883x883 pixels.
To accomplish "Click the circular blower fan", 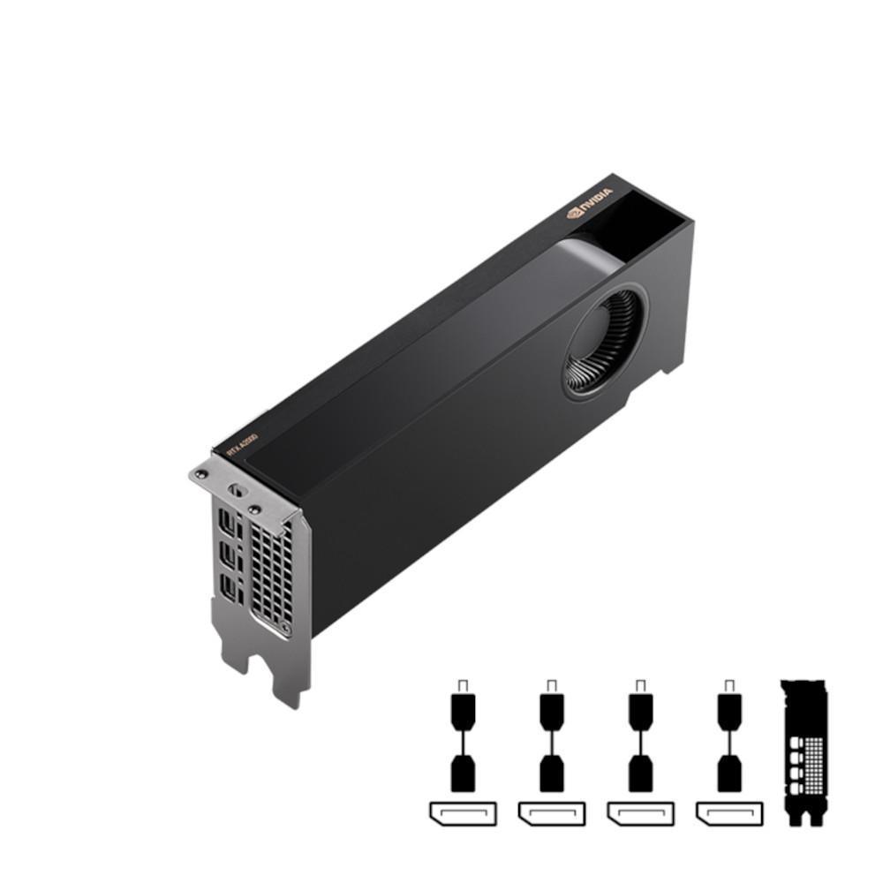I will tap(605, 340).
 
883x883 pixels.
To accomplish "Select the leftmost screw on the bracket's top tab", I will tap(201, 474).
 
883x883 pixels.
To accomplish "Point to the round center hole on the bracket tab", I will tap(235, 490).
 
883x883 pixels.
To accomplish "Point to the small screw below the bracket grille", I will tap(284, 630).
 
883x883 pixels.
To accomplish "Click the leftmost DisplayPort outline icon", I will tap(463, 812).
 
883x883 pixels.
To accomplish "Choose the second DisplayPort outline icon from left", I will tap(552, 812).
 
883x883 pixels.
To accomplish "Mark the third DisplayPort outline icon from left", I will tap(640, 812).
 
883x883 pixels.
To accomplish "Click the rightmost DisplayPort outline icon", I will tap(728, 812).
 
